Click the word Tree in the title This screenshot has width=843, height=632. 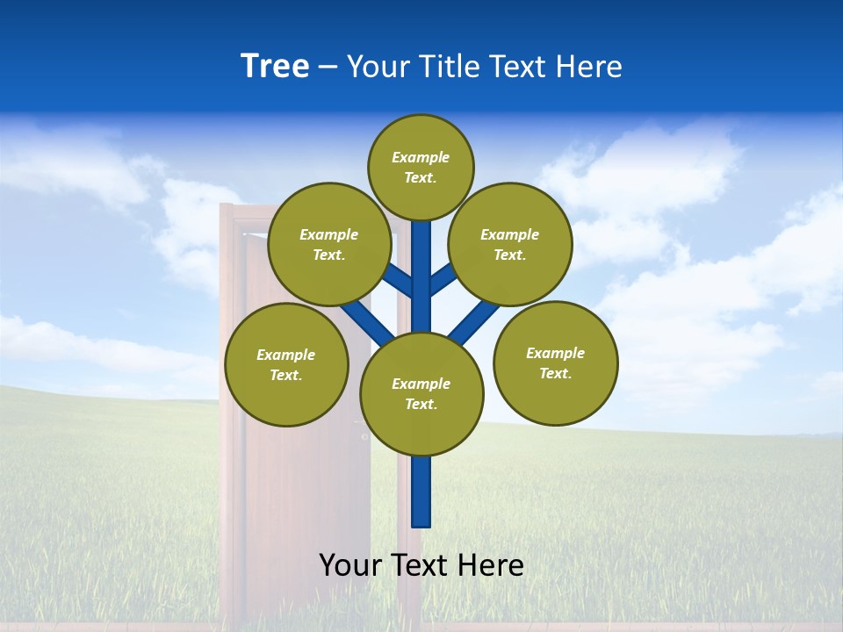275,67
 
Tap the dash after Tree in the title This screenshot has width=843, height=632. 328,68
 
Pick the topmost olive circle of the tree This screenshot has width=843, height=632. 421,167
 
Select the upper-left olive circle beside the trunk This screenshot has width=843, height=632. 329,244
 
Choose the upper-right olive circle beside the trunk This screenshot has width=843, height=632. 510,244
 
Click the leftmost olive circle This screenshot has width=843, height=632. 286,364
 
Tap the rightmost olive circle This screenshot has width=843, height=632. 556,363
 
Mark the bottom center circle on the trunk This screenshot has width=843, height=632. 421,394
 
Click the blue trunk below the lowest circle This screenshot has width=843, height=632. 421,492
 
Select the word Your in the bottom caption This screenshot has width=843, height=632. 350,565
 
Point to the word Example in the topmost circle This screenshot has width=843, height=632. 421,157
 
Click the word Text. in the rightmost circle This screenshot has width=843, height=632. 555,373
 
